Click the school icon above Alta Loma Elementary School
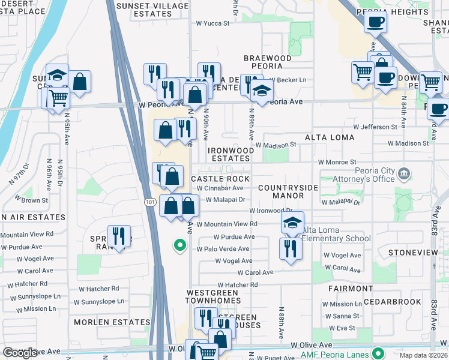pyautogui.click(x=292, y=223)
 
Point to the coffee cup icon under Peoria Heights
pyautogui.click(x=375, y=22)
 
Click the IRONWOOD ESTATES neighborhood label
pyautogui.click(x=229, y=154)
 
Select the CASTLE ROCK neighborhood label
pyautogui.click(x=220, y=179)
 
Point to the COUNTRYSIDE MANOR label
pyautogui.click(x=288, y=191)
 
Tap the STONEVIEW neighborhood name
pyautogui.click(x=413, y=253)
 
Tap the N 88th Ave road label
pyautogui.click(x=281, y=324)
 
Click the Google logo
pyautogui.click(x=20, y=353)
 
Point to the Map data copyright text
pyautogui.click(x=423, y=355)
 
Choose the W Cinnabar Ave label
pyautogui.click(x=220, y=188)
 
